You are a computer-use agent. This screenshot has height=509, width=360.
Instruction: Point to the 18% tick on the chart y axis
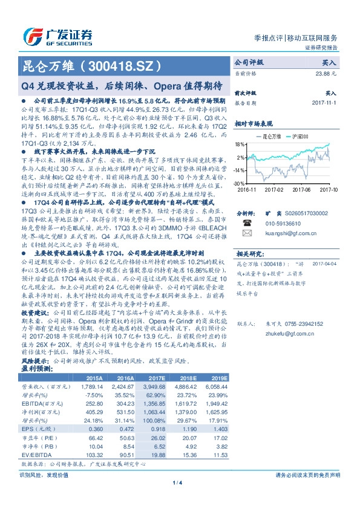(240, 144)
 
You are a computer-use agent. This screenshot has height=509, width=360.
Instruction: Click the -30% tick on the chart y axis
(239, 183)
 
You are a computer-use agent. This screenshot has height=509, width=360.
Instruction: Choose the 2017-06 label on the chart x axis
(300, 189)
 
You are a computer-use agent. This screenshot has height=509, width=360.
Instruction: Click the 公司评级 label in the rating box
(249, 62)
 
